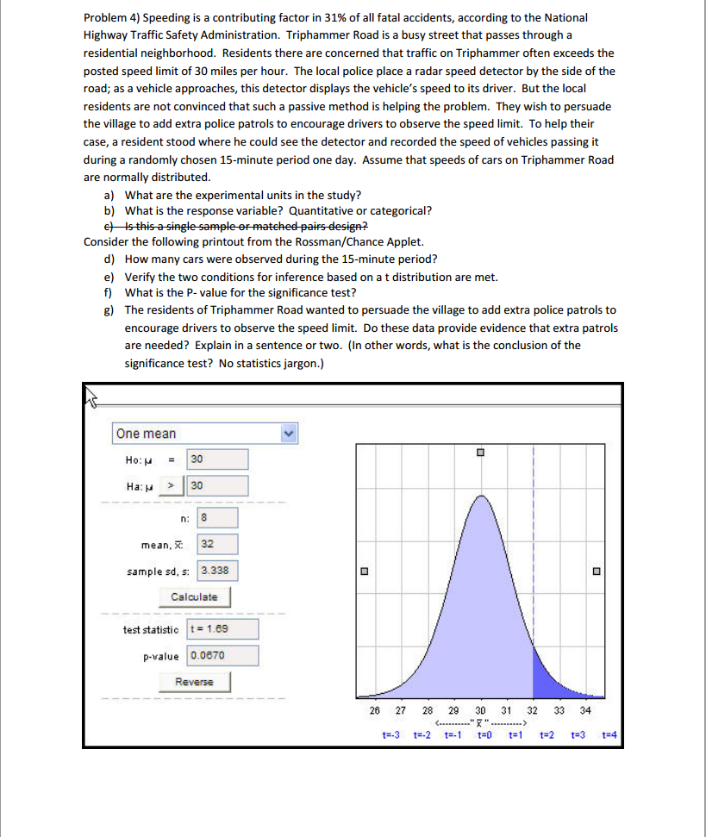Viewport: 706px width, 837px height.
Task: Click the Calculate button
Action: coord(194,597)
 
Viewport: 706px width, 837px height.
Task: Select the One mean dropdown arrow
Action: coord(290,434)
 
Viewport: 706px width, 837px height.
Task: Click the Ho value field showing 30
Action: coord(217,459)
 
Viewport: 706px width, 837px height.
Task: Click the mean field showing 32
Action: coord(218,544)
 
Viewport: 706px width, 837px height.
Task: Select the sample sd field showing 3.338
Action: coord(218,570)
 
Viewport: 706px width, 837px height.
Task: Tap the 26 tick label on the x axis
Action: coord(373,710)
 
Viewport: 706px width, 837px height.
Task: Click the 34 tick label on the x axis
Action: coord(585,710)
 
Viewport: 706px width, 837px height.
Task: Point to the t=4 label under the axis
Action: coord(611,735)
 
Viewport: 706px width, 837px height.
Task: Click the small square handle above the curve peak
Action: coord(481,453)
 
